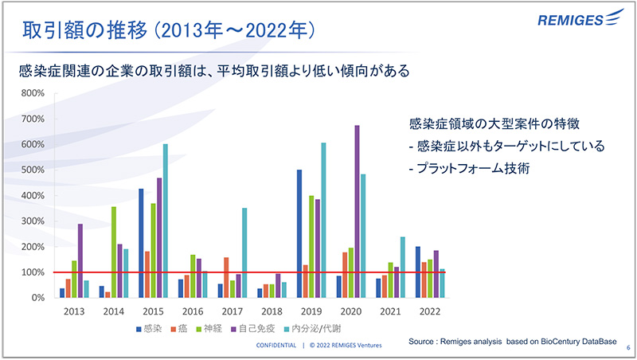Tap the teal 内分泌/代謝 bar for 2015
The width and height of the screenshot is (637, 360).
coord(166,221)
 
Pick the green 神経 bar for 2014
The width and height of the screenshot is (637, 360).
coord(114,252)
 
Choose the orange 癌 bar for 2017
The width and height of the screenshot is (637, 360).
coord(227,277)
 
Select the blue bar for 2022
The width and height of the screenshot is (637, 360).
coord(417,272)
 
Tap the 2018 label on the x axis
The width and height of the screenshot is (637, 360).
coord(272,311)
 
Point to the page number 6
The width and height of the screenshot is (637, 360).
coord(627,347)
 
